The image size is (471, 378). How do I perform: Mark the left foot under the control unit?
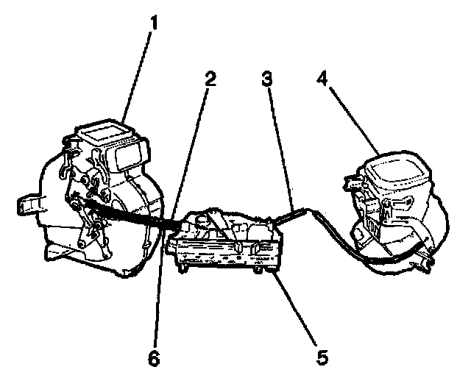[181, 266]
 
